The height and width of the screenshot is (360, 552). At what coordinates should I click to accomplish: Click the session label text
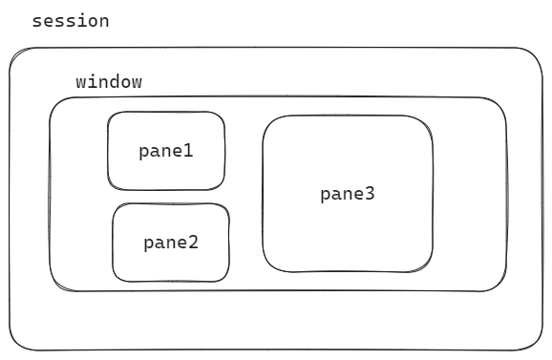(71, 21)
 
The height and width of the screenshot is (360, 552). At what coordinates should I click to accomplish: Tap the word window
(109, 81)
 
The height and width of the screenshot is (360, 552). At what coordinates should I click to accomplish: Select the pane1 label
(166, 151)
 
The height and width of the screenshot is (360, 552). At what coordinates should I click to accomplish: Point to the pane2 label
(171, 243)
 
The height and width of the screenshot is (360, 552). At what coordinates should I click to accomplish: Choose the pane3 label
(348, 194)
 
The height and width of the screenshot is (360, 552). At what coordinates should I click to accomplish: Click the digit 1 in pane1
(188, 151)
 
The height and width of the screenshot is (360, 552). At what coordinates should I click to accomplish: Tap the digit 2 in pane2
(193, 243)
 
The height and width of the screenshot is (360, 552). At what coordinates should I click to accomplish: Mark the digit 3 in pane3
(370, 194)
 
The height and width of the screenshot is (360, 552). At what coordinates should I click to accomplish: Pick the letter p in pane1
(143, 153)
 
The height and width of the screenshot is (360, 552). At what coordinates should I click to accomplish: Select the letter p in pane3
(326, 196)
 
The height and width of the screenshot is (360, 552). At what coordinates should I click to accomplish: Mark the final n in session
(104, 23)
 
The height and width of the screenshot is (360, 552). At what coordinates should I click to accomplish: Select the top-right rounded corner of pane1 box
(220, 116)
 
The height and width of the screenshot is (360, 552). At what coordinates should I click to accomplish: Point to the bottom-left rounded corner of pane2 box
(117, 277)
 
